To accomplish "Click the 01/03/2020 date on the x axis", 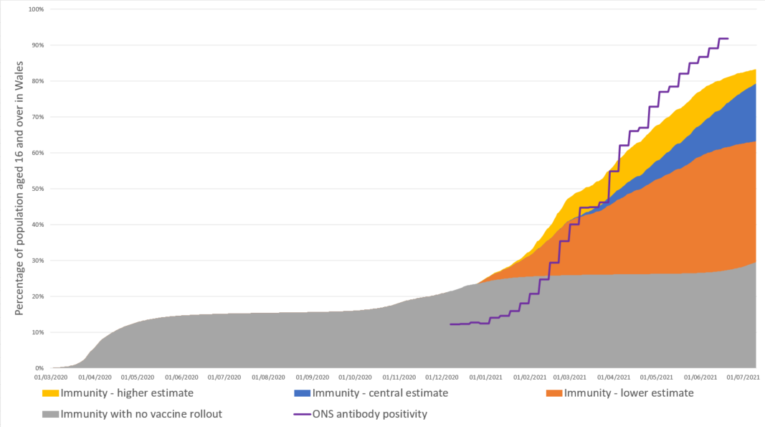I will [x=52, y=377].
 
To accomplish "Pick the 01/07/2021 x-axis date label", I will [x=743, y=377].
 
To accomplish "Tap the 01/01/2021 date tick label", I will [x=485, y=377].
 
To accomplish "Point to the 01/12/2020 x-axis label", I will [x=442, y=377].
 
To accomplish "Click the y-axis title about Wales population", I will [x=20, y=189].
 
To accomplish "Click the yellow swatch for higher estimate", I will [x=50, y=393].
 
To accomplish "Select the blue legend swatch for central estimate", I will [x=303, y=393].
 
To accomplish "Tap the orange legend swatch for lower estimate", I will [x=554, y=393].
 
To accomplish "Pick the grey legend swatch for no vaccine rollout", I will [x=50, y=414].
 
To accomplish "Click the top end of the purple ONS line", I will [x=728, y=39].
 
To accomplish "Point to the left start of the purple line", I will [x=450, y=324].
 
